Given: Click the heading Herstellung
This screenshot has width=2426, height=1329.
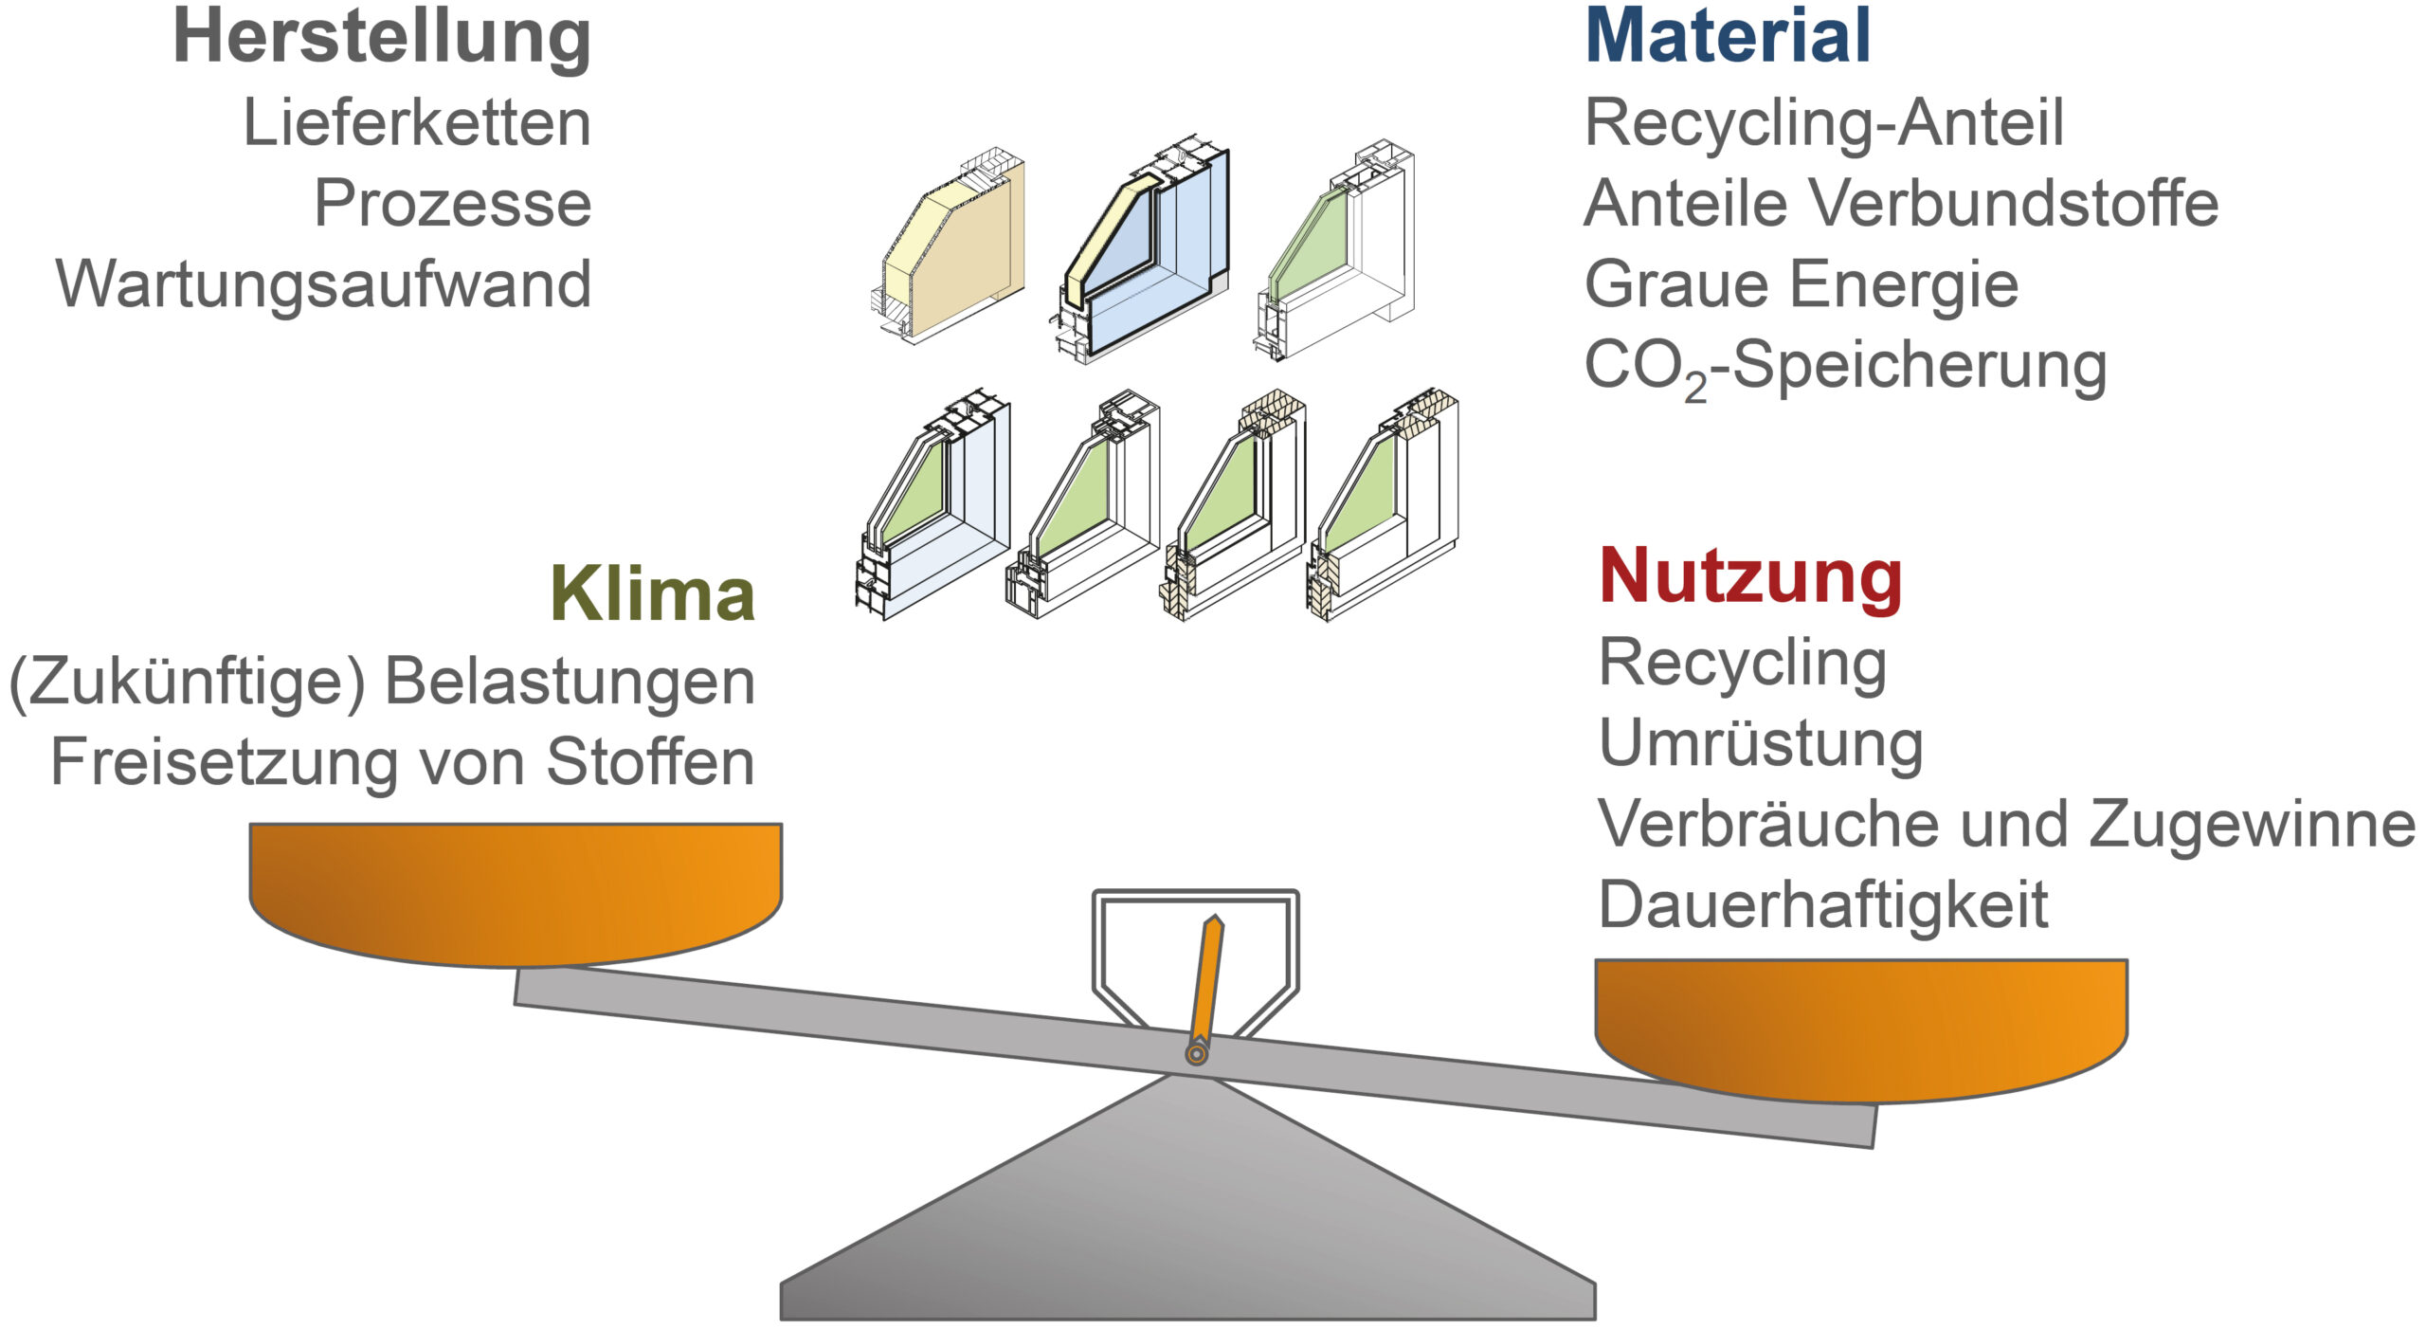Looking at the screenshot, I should (381, 38).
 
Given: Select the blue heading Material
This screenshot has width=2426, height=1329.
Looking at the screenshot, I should (1727, 38).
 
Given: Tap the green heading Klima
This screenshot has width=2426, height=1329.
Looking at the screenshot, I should (652, 594).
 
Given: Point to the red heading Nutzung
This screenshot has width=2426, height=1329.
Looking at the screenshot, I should (1749, 576).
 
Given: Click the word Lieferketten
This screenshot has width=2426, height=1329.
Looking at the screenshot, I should (417, 123).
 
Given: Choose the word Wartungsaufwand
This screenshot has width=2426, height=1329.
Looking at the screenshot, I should (324, 284).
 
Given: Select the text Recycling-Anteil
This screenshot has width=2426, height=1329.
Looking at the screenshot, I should (1823, 123).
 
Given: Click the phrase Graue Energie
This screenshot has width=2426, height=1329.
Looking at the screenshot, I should (1801, 284).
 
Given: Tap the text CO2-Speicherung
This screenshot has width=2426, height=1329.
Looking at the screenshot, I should (1844, 367).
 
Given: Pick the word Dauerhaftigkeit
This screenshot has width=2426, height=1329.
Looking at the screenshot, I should (1822, 905).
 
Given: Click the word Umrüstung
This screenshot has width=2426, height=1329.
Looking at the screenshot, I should (1761, 744).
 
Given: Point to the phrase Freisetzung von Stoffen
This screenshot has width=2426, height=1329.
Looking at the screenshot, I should (402, 762).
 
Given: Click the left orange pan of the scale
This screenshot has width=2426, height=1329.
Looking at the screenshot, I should (515, 891).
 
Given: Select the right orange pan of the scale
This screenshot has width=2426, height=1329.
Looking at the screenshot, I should (1861, 1028).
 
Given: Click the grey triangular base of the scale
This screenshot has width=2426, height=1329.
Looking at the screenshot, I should (1186, 1223).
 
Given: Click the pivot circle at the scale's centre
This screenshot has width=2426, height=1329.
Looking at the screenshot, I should (1197, 1053).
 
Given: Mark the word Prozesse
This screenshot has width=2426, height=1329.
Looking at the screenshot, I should (452, 204).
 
